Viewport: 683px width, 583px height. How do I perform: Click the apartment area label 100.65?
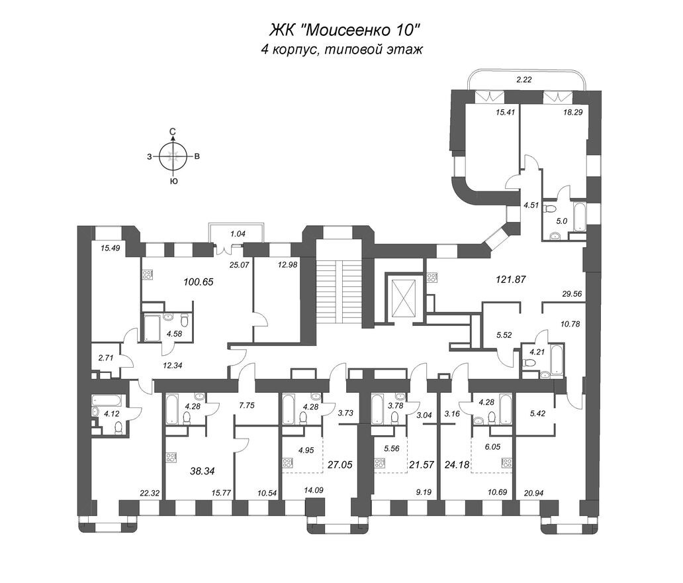[x=199, y=282]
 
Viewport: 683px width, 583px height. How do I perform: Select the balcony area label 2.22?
[x=524, y=79]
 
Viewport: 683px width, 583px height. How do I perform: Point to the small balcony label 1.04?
[x=238, y=234]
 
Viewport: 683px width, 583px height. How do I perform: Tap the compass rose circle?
[x=173, y=156]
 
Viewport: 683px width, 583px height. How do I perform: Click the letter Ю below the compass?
[x=174, y=181]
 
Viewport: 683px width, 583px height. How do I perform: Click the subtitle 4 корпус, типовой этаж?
[x=342, y=49]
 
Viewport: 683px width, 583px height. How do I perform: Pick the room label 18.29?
[x=572, y=112]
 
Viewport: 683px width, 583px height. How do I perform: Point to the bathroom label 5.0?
[x=561, y=221]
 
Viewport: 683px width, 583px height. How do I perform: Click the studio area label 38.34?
[x=203, y=471]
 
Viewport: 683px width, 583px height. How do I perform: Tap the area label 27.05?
[x=340, y=465]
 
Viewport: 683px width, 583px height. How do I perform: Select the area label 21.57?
[x=422, y=465]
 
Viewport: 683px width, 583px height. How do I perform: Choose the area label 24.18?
[x=457, y=465]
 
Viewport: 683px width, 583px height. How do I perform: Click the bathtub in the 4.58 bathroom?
[x=152, y=328]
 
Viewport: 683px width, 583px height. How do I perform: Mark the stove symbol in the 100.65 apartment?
[x=147, y=275]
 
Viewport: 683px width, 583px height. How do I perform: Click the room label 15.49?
[x=111, y=248]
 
